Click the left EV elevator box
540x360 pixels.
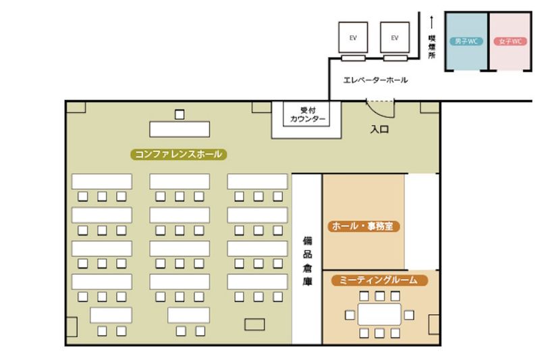[x=353, y=38]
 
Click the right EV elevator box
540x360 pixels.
[x=395, y=38]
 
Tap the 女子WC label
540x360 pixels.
[x=509, y=41]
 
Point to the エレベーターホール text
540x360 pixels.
[x=375, y=80]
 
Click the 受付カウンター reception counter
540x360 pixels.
[x=308, y=116]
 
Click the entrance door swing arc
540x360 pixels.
[x=379, y=105]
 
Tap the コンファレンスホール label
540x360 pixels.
[x=178, y=154]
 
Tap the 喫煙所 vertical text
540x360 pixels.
[x=431, y=47]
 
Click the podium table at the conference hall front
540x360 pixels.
[x=179, y=128]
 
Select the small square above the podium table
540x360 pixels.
[x=180, y=114]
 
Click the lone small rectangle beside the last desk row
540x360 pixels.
[x=254, y=324]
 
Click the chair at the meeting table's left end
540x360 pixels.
[x=350, y=314]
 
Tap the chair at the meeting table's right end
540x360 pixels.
[x=409, y=314]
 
